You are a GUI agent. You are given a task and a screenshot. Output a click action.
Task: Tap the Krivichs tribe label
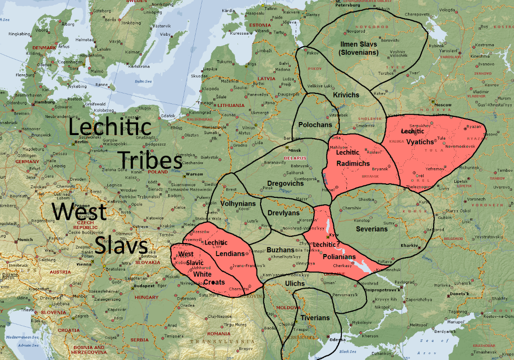[x=346, y=95]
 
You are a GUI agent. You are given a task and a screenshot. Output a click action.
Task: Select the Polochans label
[x=315, y=124]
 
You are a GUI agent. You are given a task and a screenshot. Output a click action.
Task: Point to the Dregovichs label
[x=285, y=184]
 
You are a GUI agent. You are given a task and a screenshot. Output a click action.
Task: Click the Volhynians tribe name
[x=238, y=203]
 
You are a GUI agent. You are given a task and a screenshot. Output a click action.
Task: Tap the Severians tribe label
[x=372, y=229]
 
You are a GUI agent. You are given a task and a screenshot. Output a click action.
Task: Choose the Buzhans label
[x=280, y=250]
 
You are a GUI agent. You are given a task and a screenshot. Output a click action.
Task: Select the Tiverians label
[x=315, y=318]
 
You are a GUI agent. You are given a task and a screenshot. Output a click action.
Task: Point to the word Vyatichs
[x=420, y=142]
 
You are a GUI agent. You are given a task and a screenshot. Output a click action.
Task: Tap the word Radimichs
[x=353, y=164]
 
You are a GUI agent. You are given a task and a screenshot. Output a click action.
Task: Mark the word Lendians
[x=230, y=254]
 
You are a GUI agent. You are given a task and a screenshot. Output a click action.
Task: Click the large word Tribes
[x=150, y=161]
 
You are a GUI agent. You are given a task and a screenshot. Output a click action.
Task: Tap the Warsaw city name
[x=194, y=174]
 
